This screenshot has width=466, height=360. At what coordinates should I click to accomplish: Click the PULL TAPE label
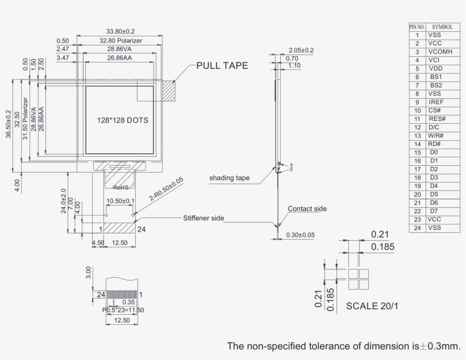pyautogui.click(x=222, y=66)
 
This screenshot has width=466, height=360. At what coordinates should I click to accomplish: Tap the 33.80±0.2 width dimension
pyautogui.click(x=120, y=31)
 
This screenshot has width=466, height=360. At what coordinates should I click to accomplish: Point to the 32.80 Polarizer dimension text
pyautogui.click(x=120, y=41)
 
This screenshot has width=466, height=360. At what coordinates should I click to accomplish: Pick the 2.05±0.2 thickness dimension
pyautogui.click(x=301, y=50)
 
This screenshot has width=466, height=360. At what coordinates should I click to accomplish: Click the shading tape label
pyautogui.click(x=230, y=178)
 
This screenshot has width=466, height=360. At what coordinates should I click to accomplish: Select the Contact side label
pyautogui.click(x=307, y=209)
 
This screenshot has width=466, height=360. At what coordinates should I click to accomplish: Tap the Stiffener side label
pyautogui.click(x=203, y=218)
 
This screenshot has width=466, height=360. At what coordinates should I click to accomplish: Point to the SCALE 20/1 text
pyautogui.click(x=372, y=306)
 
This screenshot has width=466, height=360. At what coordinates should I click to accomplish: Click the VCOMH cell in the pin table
pyautogui.click(x=440, y=52)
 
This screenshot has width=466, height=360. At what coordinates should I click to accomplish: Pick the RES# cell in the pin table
pyautogui.click(x=437, y=119)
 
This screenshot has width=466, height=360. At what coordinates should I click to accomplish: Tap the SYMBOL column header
pyautogui.click(x=442, y=27)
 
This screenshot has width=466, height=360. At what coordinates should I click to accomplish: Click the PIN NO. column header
pyautogui.click(x=417, y=27)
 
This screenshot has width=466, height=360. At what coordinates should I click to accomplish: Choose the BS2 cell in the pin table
pyautogui.click(x=436, y=85)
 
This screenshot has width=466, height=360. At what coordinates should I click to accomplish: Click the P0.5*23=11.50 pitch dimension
pyautogui.click(x=123, y=310)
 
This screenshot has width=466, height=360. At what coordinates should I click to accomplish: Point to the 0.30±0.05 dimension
pyautogui.click(x=301, y=235)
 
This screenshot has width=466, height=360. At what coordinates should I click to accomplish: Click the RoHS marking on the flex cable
pyautogui.click(x=121, y=187)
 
